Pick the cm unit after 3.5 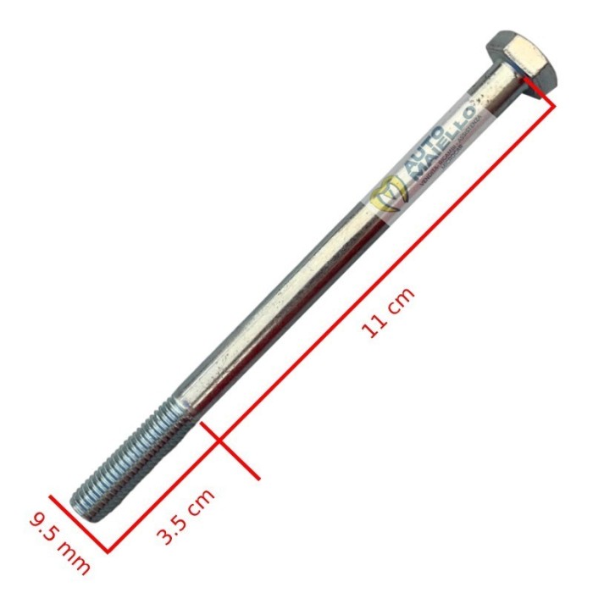[202, 502]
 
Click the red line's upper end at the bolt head [555, 103]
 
